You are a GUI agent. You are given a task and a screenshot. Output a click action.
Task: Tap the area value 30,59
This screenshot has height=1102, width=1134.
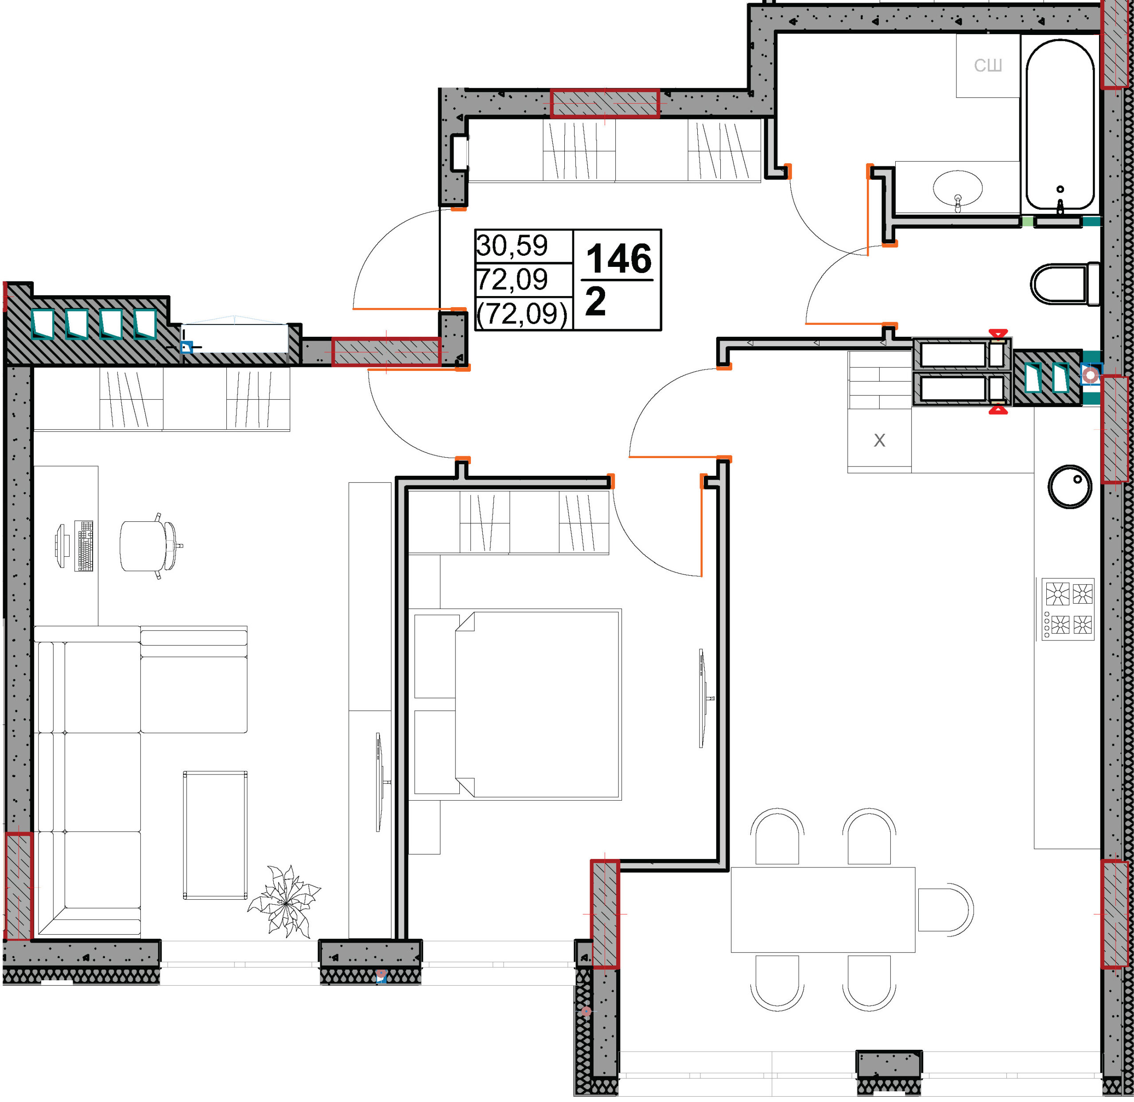[x=512, y=245]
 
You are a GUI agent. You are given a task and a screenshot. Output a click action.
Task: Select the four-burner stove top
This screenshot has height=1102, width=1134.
[x=1068, y=609]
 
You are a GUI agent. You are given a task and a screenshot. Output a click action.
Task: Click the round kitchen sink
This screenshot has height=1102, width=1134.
[x=1069, y=487]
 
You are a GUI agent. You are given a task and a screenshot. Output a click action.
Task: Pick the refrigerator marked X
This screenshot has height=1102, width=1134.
[x=879, y=440]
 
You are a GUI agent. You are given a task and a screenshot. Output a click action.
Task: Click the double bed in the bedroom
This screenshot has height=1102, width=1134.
[x=537, y=705]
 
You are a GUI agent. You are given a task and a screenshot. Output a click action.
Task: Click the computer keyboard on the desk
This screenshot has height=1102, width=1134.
[x=84, y=546]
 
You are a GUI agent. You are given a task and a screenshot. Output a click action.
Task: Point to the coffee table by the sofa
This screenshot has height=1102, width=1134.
[x=215, y=835]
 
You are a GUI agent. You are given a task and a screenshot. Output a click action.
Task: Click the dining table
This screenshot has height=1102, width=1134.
[x=823, y=909]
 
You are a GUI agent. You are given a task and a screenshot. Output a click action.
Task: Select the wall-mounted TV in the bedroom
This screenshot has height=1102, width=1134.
[x=703, y=698]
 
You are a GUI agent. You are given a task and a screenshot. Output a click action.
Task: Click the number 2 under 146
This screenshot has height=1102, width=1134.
[x=595, y=301]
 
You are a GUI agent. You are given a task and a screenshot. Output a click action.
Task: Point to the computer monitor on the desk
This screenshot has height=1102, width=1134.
[x=62, y=545]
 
